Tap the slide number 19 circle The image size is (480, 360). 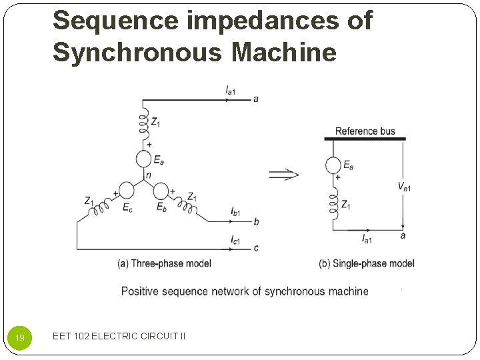pyautogui.click(x=20, y=338)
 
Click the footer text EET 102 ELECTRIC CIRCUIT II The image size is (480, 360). pyautogui.click(x=119, y=337)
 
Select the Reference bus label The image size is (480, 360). pyautogui.click(x=365, y=131)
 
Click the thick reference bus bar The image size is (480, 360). pyautogui.click(x=365, y=139)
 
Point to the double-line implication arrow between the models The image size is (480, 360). pyautogui.click(x=283, y=175)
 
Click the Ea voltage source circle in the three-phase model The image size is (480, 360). pyautogui.click(x=143, y=159)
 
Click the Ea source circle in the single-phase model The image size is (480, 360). pyautogui.click(x=333, y=165)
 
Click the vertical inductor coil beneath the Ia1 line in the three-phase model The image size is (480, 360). pyautogui.click(x=143, y=123)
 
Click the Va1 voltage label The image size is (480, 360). pyautogui.click(x=405, y=186)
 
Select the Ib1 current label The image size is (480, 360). pyautogui.click(x=235, y=211)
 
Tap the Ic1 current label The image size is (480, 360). pyautogui.click(x=235, y=239)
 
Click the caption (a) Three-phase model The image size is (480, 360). pyautogui.click(x=164, y=263)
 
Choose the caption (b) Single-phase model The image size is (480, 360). pyautogui.click(x=367, y=263)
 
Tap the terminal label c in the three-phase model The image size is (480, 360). pyautogui.click(x=256, y=248)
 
